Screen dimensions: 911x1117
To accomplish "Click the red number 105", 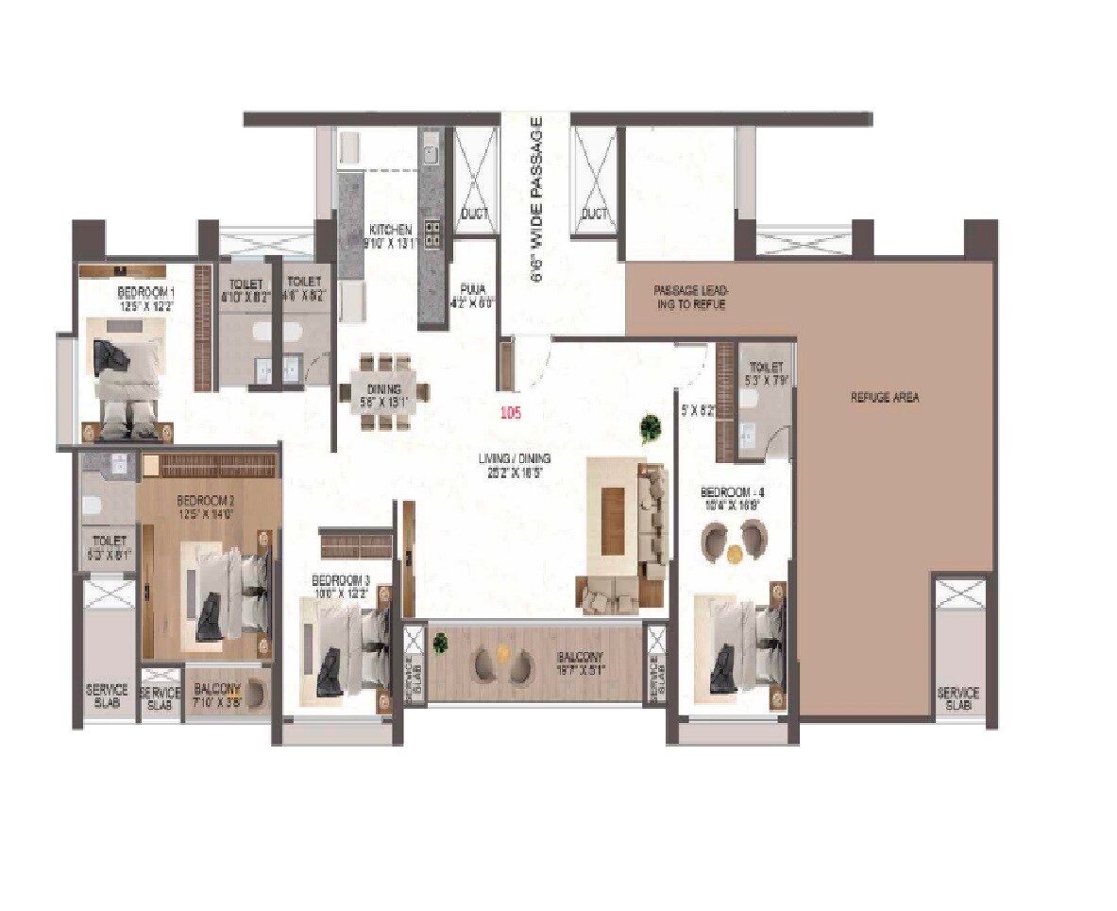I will [511, 412].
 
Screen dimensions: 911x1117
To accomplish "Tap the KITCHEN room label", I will [389, 230].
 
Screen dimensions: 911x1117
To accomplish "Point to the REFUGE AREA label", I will [884, 398].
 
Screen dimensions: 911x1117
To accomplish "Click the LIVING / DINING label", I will [514, 459].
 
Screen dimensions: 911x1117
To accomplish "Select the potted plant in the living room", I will [650, 428].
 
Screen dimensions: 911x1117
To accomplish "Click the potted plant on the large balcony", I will [440, 645].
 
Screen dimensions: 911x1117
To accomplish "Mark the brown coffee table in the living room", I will [613, 519].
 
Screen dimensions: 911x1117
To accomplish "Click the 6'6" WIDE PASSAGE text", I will [536, 200].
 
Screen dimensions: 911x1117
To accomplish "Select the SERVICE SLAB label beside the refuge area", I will [957, 698].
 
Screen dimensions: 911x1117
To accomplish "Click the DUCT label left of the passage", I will [474, 215].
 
